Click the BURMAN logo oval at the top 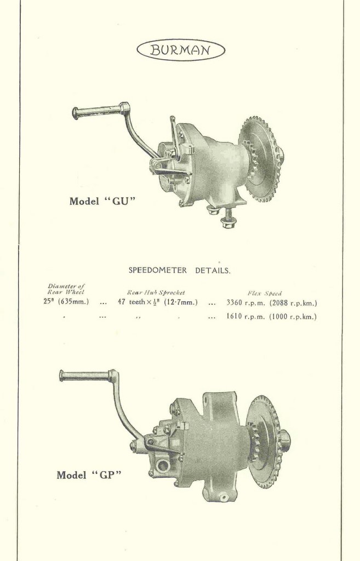(x=180, y=50)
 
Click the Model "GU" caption (x=102, y=201)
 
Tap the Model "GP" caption (x=88, y=475)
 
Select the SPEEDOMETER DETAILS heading (x=179, y=270)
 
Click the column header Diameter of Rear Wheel (x=66, y=289)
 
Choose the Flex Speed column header (x=265, y=293)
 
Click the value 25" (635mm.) (x=66, y=302)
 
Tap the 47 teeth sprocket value (x=158, y=302)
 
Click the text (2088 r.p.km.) (x=293, y=302)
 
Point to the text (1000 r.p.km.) (x=293, y=317)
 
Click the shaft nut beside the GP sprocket (x=285, y=438)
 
